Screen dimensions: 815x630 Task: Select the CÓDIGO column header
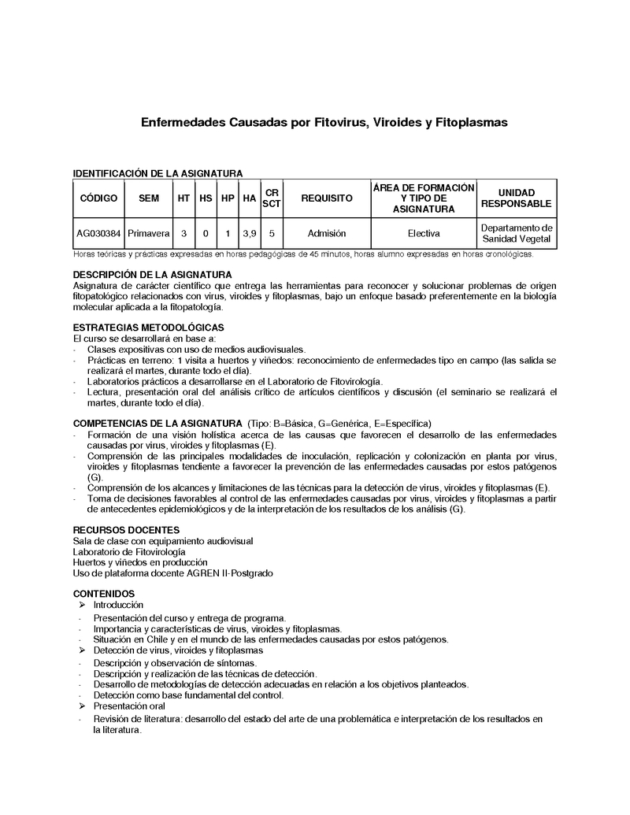click(98, 198)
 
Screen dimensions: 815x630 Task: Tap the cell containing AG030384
click(98, 234)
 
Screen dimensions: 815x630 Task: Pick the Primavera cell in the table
click(148, 234)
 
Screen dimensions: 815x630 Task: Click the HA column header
click(250, 198)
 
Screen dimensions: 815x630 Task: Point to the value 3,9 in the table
click(250, 234)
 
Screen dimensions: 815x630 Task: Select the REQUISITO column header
click(327, 198)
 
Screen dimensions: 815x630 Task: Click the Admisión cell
click(327, 234)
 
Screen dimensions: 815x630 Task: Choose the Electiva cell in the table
click(424, 234)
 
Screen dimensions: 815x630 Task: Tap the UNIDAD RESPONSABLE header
click(517, 198)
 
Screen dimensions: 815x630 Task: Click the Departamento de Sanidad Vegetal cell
click(517, 234)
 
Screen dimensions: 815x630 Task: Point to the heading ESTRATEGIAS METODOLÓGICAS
click(148, 327)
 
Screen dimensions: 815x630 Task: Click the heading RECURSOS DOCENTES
click(126, 530)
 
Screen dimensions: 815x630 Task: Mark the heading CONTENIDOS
click(104, 593)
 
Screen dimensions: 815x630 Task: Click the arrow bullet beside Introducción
click(83, 605)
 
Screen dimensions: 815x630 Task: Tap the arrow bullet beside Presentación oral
click(83, 707)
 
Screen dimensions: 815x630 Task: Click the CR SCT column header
click(272, 198)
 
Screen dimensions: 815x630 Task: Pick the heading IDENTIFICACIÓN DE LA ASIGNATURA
click(157, 173)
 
